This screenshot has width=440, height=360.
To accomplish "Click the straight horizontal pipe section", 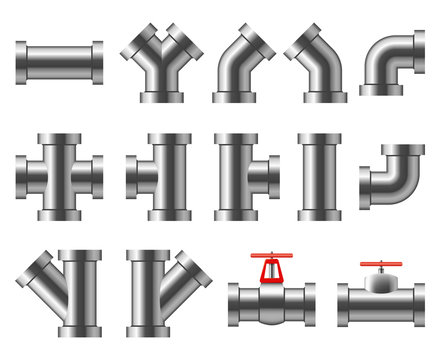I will [59, 62].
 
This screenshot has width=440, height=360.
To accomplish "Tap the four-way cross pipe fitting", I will [59, 176].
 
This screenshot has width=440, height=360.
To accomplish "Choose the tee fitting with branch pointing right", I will [241, 176].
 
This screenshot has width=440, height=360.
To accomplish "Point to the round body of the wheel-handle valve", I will [271, 301].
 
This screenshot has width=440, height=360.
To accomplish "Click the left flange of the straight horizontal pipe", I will [21, 62].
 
